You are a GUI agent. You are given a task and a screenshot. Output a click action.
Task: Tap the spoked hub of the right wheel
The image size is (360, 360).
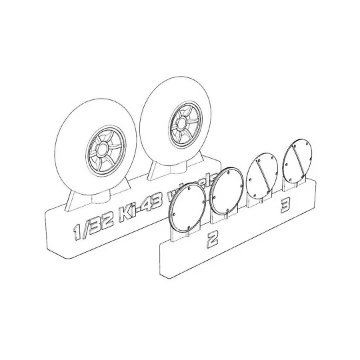[x=178, y=124]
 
